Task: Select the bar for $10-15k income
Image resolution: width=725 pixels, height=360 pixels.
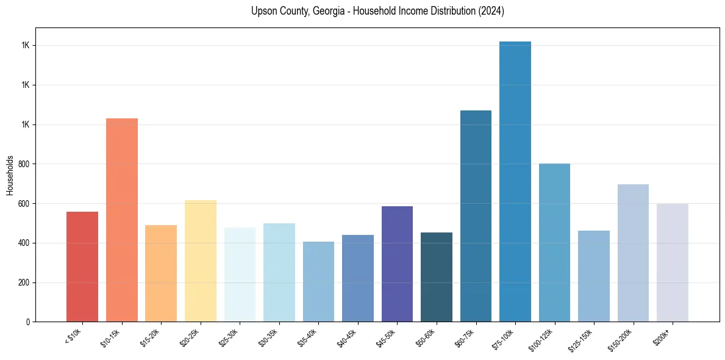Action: pyautogui.click(x=122, y=220)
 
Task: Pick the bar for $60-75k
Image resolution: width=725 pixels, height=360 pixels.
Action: pyautogui.click(x=476, y=216)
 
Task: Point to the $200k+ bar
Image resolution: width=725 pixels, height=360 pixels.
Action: pyautogui.click(x=673, y=263)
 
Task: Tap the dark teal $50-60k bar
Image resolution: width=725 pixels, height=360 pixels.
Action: pyautogui.click(x=437, y=277)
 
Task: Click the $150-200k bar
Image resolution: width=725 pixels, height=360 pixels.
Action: pyautogui.click(x=633, y=253)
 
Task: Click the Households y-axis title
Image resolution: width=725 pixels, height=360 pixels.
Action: pyautogui.click(x=10, y=175)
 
